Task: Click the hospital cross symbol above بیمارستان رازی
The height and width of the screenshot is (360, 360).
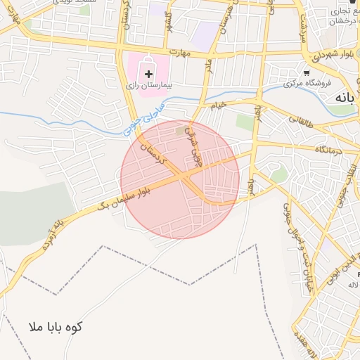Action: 148,72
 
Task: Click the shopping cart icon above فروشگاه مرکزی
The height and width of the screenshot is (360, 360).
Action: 307,72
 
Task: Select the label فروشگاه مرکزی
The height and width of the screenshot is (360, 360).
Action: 307,84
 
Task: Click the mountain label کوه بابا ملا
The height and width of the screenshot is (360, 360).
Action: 56,327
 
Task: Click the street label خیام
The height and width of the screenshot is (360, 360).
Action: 220,105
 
